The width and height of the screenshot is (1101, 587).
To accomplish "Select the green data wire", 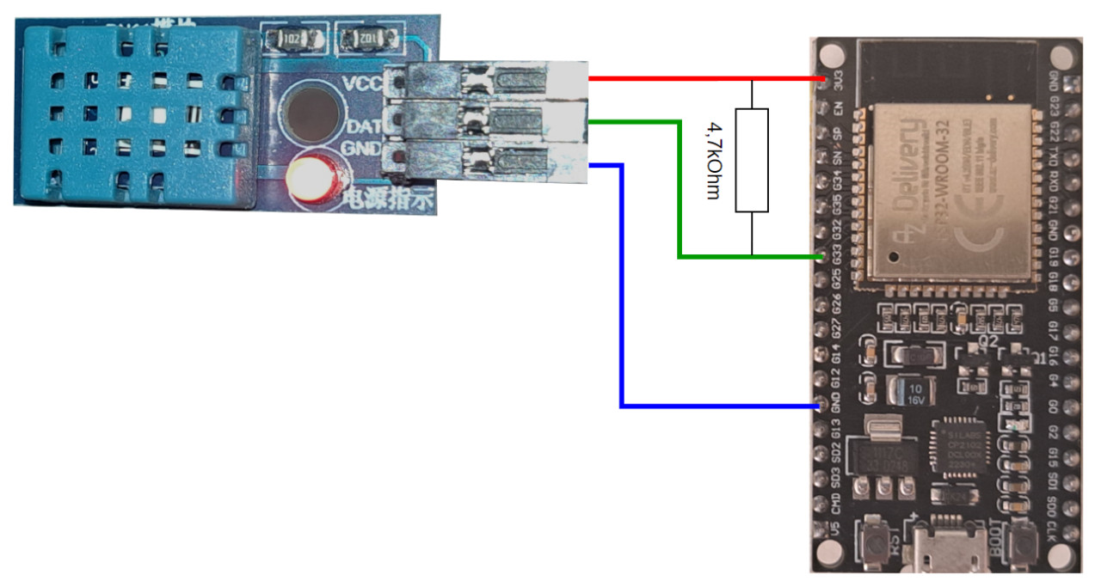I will pos(680,189).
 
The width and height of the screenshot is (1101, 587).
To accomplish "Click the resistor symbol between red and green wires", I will pos(752,160).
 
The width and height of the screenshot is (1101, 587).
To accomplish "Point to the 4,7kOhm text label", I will pos(712,160).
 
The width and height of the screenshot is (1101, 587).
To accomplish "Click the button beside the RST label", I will pos(876,541).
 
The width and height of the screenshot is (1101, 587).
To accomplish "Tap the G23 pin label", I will pos(1056,110).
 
